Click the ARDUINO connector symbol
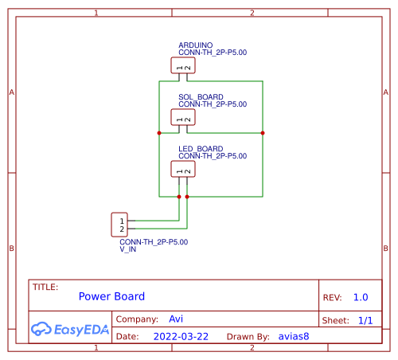[183, 65]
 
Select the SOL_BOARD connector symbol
[183, 117]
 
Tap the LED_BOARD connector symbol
[183, 168]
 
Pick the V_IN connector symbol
[121, 225]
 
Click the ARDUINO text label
[195, 45]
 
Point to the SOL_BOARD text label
[201, 96]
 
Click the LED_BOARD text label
[201, 149]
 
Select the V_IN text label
[128, 249]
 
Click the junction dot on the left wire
[159, 133]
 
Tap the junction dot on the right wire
[263, 133]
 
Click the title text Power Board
[111, 296]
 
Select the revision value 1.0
[361, 297]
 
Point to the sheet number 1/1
[365, 320]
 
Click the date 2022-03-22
[181, 337]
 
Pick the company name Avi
[177, 319]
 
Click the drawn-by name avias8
[294, 337]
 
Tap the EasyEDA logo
[70, 328]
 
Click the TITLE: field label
[45, 287]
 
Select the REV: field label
[333, 297]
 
